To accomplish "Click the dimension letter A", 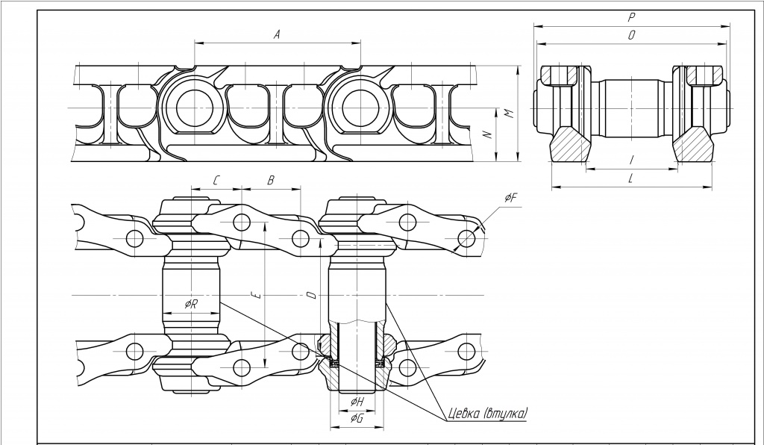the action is (277, 34).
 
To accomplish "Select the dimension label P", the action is (631, 18).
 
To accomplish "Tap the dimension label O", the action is (631, 35).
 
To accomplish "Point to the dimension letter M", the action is (509, 113).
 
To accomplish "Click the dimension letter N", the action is (488, 134).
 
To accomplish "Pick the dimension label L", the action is (630, 178).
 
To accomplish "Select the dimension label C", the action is (216, 181).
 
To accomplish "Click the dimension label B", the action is (271, 181).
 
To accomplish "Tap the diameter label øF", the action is (510, 197).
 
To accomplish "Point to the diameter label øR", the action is (191, 304).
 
